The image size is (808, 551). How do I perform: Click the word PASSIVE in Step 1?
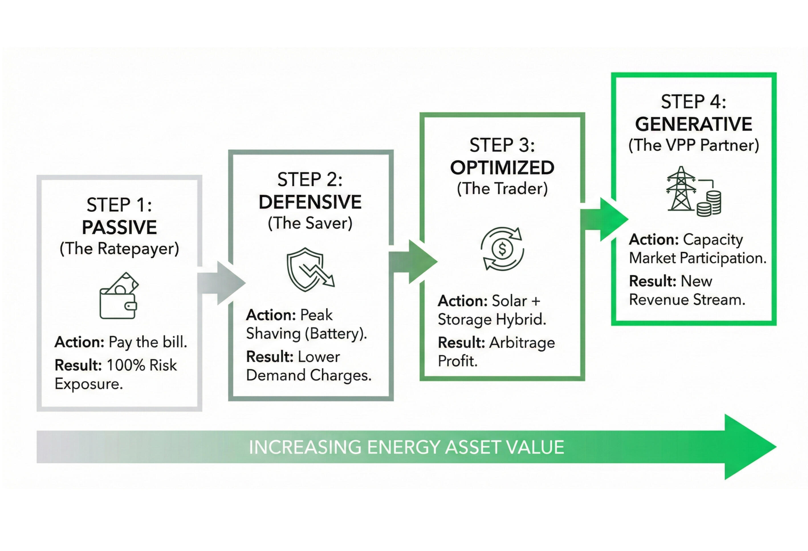pyautogui.click(x=119, y=227)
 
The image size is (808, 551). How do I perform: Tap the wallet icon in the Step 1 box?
pyautogui.click(x=119, y=296)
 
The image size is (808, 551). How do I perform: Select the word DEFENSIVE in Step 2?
pyautogui.click(x=310, y=202)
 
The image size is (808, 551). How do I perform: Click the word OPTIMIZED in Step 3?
pyautogui.click(x=502, y=168)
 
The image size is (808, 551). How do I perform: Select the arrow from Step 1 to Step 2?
pyautogui.click(x=221, y=283)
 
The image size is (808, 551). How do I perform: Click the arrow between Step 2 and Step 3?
pyautogui.click(x=413, y=262)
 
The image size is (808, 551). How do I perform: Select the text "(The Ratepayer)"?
pyautogui.click(x=119, y=249)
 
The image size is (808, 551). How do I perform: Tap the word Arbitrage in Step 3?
pyautogui.click(x=522, y=343)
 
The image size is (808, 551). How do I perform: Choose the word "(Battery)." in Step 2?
pyautogui.click(x=336, y=334)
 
